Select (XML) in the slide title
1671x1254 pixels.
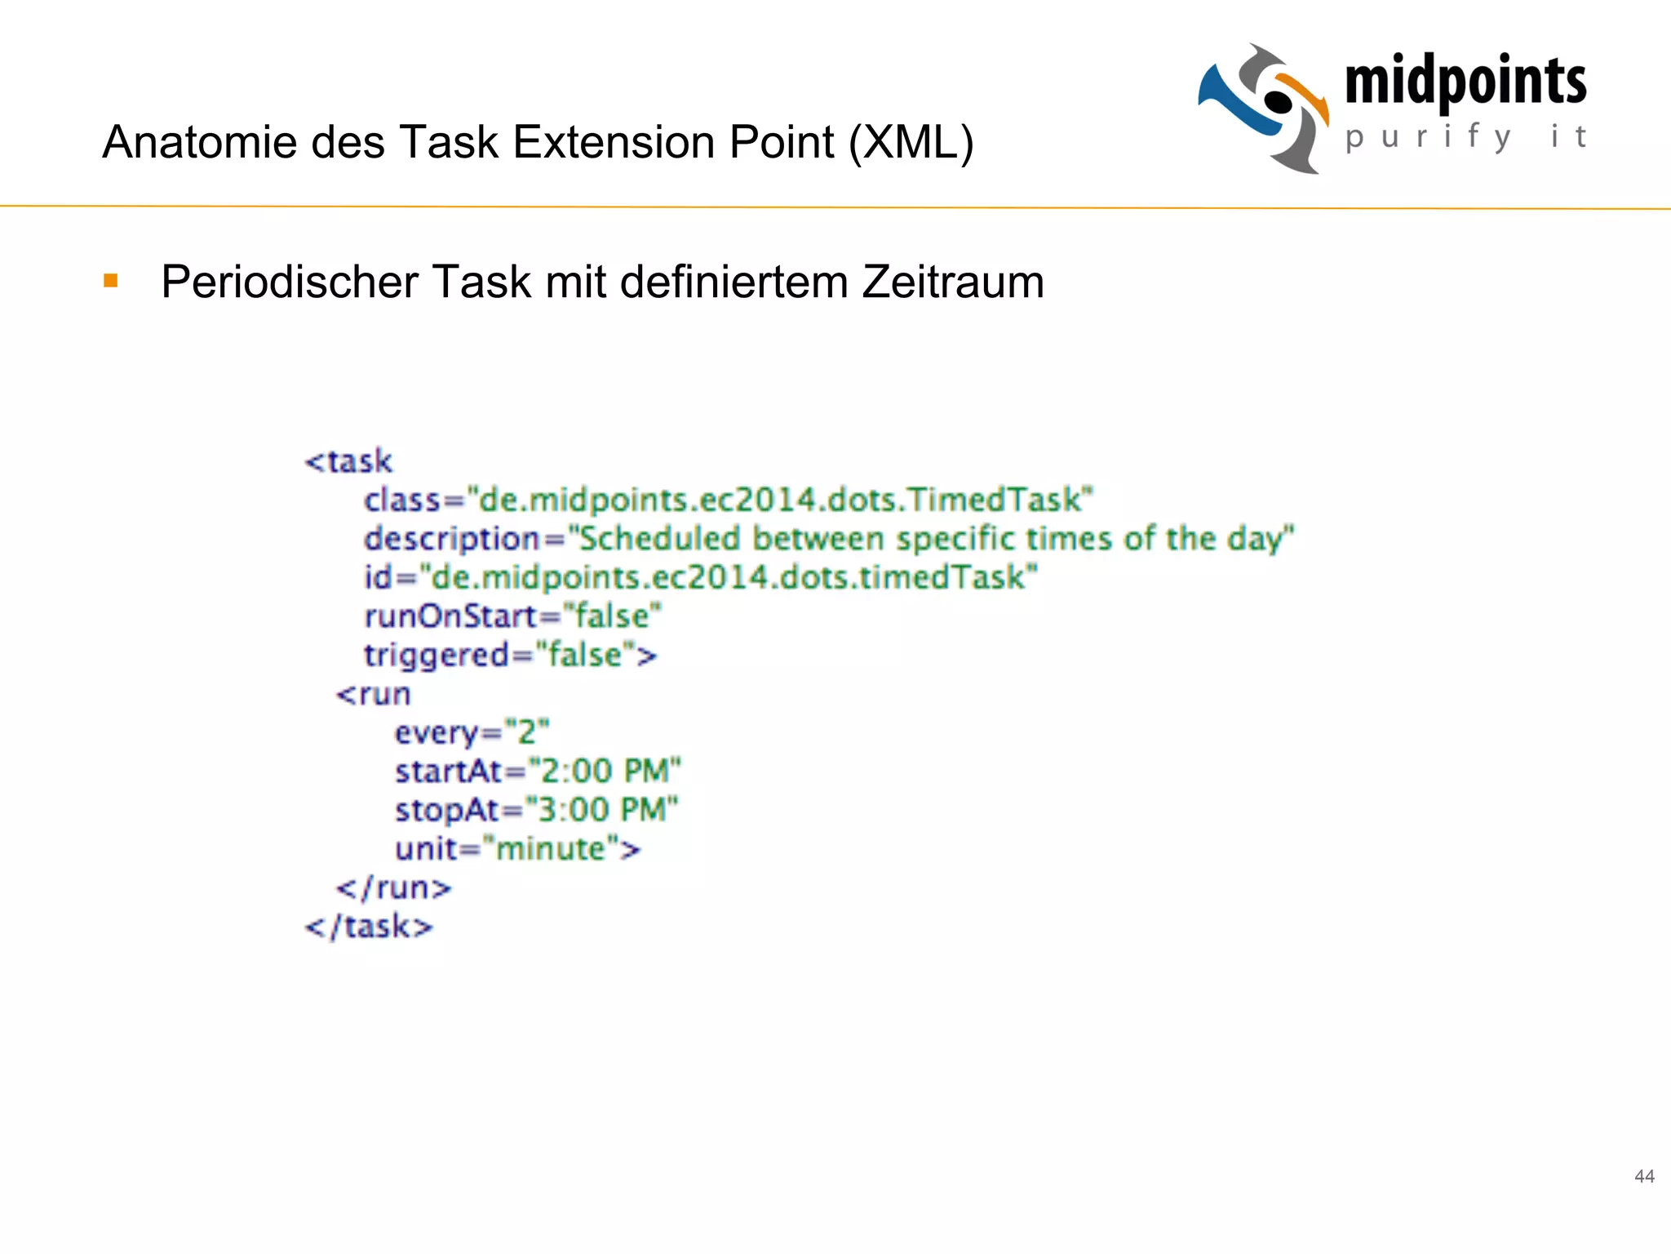[x=911, y=142]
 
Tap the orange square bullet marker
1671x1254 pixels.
[x=111, y=282]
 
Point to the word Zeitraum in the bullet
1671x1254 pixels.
[x=952, y=282]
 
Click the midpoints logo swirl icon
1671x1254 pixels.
[x=1263, y=108]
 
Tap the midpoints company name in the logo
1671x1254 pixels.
[x=1465, y=82]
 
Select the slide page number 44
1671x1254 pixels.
[x=1644, y=1176]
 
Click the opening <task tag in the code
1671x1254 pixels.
[x=348, y=461]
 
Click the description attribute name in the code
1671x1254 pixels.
[x=451, y=539]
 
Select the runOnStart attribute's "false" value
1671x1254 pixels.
[x=612, y=616]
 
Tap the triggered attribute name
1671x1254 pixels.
[x=437, y=656]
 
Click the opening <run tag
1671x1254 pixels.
[x=373, y=695]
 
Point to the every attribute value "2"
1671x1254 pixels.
[x=527, y=732]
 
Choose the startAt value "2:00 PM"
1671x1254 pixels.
[x=604, y=771]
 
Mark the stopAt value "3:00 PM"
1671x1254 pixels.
[x=601, y=810]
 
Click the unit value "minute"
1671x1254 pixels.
[x=552, y=849]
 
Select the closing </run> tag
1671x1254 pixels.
[x=393, y=887]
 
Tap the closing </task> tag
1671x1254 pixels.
[x=369, y=927]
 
